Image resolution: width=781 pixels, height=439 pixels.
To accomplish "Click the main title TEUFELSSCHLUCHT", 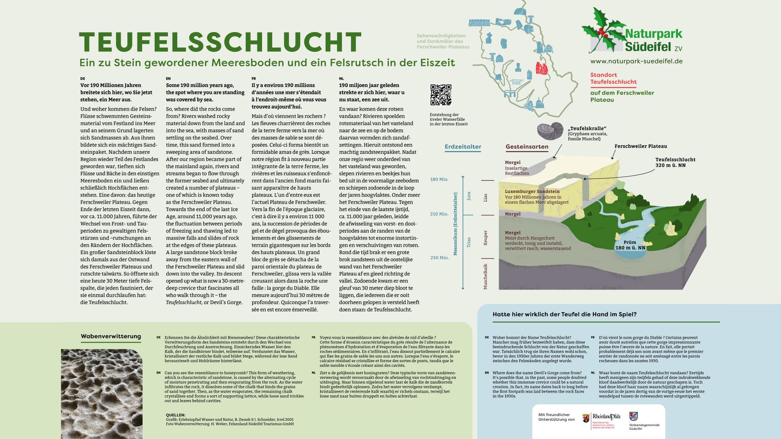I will coord(220,42).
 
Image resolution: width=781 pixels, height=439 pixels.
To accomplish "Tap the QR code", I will coord(441,95).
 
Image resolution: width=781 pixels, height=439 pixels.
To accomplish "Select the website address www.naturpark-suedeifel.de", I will coord(636,61).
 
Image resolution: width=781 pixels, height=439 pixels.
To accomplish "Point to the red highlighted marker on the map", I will coord(541,68).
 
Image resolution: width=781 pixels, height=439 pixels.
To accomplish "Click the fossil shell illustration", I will coord(550,131).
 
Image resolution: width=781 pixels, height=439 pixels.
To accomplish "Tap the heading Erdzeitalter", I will coord(463,147).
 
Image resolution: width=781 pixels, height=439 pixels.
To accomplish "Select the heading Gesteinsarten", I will coord(527,147).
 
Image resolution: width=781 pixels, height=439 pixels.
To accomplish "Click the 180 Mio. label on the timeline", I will coord(439,179).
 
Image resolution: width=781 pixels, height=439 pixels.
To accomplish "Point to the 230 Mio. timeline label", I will coord(439,258).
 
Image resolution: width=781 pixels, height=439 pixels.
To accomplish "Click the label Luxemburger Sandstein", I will coord(532,191).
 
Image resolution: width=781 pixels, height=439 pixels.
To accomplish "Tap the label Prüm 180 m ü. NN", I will coord(630,245).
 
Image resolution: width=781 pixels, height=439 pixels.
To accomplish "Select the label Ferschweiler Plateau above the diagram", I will coord(640,146).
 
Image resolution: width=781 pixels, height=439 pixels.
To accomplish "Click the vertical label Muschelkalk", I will coord(485,276).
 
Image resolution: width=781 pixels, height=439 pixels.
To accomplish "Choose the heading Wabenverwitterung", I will coord(111,337).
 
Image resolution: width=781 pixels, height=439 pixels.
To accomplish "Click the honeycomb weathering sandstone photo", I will coord(102,393).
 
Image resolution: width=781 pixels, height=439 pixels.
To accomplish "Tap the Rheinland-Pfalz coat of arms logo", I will coord(586,419).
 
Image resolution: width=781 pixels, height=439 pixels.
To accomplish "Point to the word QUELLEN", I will coord(176,415).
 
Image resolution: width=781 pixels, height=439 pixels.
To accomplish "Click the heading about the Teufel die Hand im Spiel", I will coord(564,314).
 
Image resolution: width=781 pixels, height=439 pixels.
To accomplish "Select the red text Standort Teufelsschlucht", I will coord(613,78).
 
